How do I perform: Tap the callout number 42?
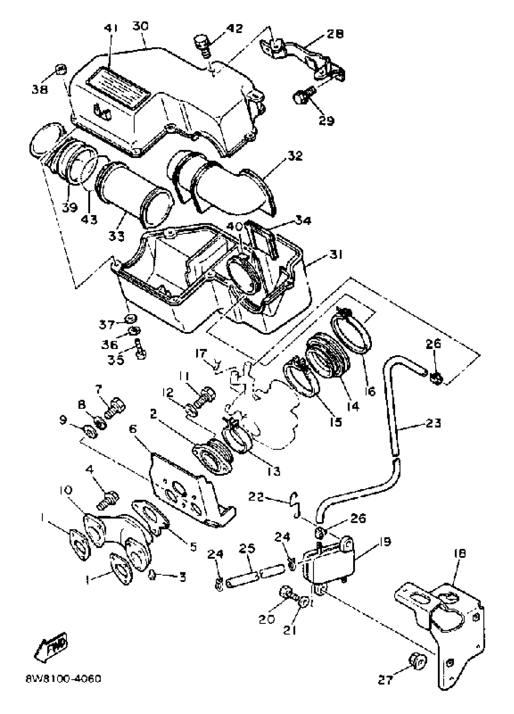click(234, 29)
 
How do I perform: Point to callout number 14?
click(352, 406)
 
